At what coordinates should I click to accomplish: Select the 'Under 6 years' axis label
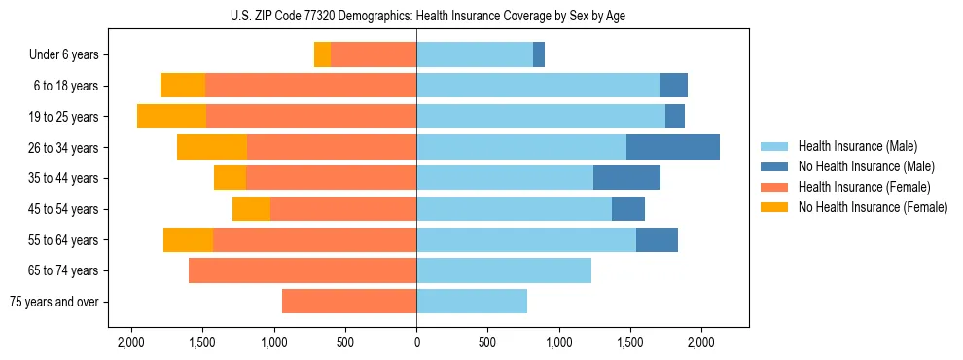pyautogui.click(x=70, y=55)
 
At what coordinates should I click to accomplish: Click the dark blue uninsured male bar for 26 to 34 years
pyautogui.click(x=672, y=147)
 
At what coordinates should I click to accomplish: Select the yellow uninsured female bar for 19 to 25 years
pyautogui.click(x=171, y=117)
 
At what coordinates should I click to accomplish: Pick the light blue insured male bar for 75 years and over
pyautogui.click(x=472, y=302)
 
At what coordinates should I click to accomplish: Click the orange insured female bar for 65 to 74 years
pyautogui.click(x=303, y=270)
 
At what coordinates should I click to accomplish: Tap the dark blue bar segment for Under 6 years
pyautogui.click(x=539, y=54)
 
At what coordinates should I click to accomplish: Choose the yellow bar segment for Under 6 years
pyautogui.click(x=322, y=54)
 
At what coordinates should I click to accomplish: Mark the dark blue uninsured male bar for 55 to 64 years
pyautogui.click(x=657, y=239)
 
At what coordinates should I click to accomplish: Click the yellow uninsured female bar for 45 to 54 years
pyautogui.click(x=251, y=209)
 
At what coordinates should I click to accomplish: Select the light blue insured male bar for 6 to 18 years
pyautogui.click(x=538, y=86)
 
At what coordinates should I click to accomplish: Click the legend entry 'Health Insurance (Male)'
pyautogui.click(x=857, y=146)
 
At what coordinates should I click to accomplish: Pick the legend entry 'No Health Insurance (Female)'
pyautogui.click(x=873, y=207)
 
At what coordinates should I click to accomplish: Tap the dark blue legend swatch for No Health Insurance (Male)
pyautogui.click(x=774, y=166)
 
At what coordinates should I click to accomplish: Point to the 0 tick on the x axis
pyautogui.click(x=416, y=342)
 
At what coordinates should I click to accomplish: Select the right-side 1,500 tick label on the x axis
pyautogui.click(x=630, y=342)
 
